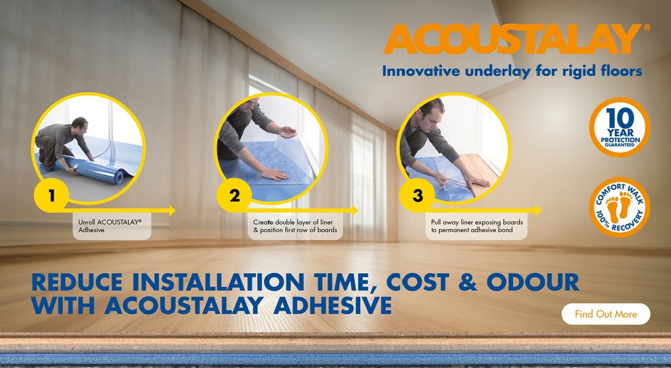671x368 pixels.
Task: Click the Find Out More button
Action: coord(606,314)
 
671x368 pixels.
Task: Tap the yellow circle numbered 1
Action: coord(51,195)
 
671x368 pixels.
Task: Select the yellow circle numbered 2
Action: coord(234,195)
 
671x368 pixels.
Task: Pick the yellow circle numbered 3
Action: coord(417,195)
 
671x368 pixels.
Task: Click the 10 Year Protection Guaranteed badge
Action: coord(620,127)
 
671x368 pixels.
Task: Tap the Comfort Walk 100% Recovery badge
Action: coord(620,207)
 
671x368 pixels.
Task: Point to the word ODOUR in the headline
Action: coord(533,282)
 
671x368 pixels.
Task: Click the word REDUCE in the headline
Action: coord(77,282)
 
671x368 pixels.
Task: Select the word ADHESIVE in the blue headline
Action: coord(332,305)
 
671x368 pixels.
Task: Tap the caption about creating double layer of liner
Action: coord(295,226)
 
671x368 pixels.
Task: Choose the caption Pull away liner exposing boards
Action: coord(477,226)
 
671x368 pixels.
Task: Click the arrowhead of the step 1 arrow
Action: coord(172,211)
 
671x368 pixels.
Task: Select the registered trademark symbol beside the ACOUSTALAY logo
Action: coord(647,27)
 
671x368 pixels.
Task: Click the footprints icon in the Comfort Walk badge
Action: coord(619,206)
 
